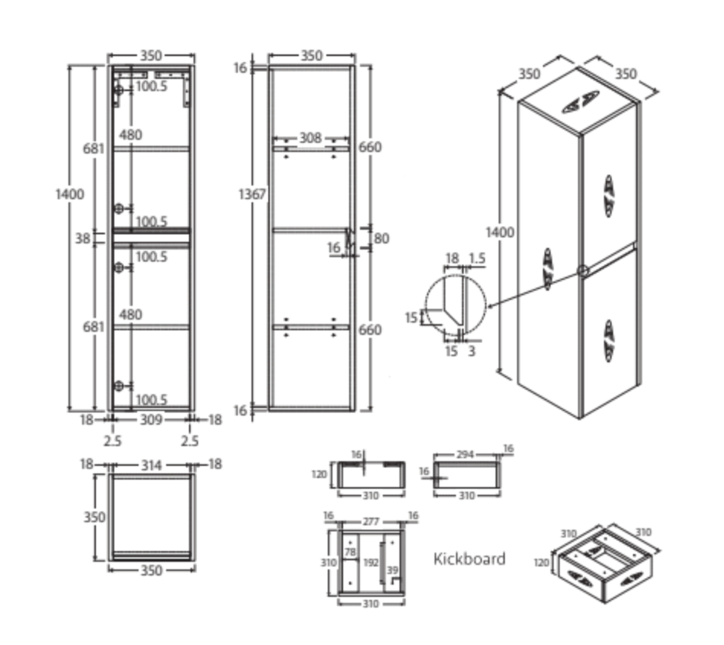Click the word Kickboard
pos(469,559)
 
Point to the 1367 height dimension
pos(251,194)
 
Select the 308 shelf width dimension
pos(310,138)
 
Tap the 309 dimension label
pos(151,420)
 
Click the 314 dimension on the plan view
pos(151,465)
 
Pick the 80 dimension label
pos(381,238)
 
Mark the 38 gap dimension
pos(82,238)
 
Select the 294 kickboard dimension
pos(465,455)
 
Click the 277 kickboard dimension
pos(371,521)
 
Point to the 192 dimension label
pos(370,563)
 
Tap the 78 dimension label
pos(350,552)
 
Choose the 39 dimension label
pos(392,569)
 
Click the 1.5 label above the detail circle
pos(477,258)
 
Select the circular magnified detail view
pos(455,304)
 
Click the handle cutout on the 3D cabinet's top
pos(580,102)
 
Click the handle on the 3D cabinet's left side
pos(548,268)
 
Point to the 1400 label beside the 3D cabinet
pos(500,232)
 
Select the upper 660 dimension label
pos(370,147)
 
